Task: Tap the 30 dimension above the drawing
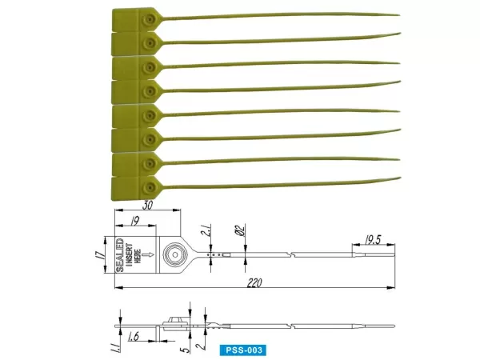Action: (148, 206)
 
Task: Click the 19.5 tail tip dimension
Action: (372, 238)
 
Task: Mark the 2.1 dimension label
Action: (206, 234)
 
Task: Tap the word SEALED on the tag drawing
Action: (121, 255)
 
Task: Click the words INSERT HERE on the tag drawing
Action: (134, 255)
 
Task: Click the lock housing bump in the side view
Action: (174, 322)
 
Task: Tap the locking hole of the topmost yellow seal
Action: (149, 17)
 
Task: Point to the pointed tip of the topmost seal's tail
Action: (398, 14)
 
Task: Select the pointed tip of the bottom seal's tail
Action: (398, 178)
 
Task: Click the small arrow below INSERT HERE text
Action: (145, 255)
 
